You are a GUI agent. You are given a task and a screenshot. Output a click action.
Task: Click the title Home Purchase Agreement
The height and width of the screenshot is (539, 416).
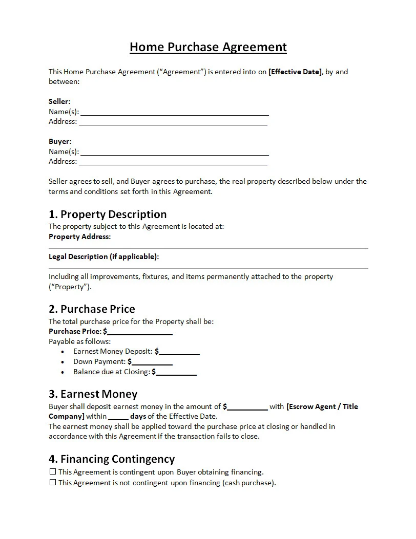point(208,47)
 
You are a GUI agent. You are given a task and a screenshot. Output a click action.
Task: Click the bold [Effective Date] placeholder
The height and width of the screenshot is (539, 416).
point(295,72)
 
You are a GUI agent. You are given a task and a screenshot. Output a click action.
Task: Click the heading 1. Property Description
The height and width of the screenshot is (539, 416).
point(108,214)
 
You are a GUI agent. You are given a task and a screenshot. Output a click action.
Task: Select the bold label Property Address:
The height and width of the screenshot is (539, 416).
point(79,236)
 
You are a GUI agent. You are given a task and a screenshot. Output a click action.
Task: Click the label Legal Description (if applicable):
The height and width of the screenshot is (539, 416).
point(103,256)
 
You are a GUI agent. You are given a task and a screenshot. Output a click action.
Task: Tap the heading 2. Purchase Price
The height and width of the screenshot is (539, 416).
point(92,309)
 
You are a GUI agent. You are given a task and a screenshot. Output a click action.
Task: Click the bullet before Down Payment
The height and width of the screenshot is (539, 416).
point(63,362)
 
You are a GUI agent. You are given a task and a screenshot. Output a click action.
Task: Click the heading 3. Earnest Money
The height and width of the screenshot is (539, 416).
point(93,394)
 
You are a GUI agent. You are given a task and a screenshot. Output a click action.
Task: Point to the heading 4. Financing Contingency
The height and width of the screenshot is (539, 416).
point(112,459)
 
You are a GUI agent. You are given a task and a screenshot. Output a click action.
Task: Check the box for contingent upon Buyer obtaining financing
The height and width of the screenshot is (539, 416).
point(52,472)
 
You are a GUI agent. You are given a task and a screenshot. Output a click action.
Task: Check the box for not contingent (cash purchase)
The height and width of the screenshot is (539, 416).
point(52,483)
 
